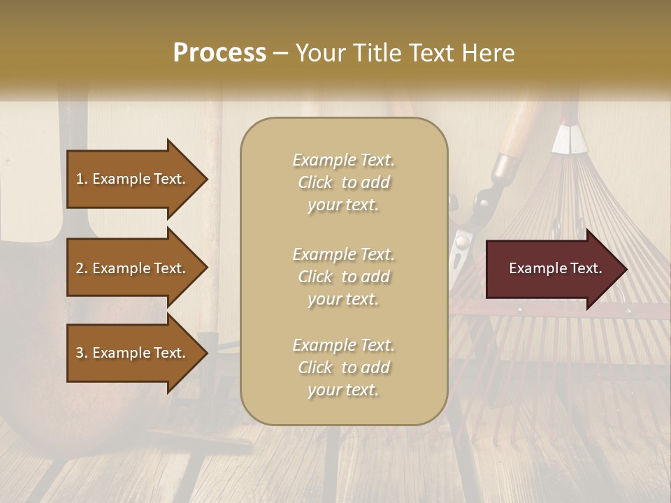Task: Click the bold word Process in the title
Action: click(x=219, y=53)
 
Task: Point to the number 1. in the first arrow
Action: click(x=82, y=179)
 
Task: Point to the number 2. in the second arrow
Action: click(x=82, y=268)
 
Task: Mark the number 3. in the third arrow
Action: click(x=82, y=353)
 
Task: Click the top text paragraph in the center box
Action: click(x=343, y=182)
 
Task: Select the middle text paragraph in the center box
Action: click(x=343, y=277)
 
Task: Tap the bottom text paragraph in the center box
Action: click(x=343, y=367)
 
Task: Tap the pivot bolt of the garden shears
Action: click(x=461, y=242)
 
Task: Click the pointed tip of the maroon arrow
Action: click(x=626, y=269)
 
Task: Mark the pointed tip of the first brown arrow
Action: click(x=206, y=179)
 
